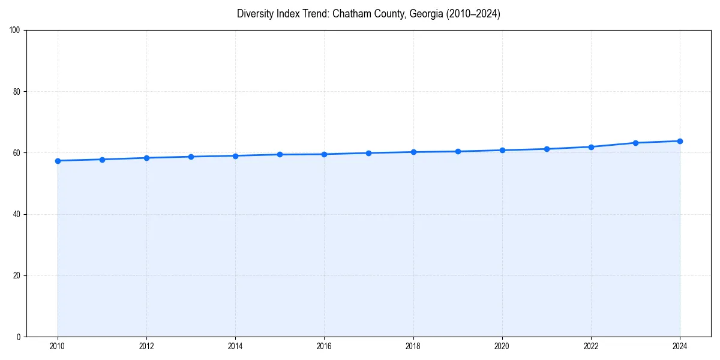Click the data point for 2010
[58, 161]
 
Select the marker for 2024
[680, 141]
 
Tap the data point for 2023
[635, 143]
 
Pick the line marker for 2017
[368, 153]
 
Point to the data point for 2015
[280, 155]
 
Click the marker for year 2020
[502, 150]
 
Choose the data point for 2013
[191, 157]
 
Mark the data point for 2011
[102, 160]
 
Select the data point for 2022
[591, 147]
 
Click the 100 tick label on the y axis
[16, 31]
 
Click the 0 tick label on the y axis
[19, 337]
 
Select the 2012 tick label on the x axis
[146, 346]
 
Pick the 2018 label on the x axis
[413, 346]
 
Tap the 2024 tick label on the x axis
[680, 346]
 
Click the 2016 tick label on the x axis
[324, 346]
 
